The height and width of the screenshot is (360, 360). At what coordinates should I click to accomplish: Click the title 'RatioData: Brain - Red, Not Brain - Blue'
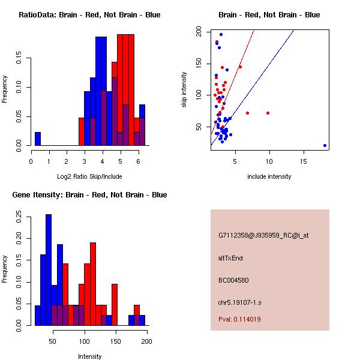click(x=89, y=15)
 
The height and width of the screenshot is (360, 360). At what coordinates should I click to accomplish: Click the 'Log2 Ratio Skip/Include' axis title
click(x=89, y=176)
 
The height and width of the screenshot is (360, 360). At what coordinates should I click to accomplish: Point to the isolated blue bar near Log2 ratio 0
click(x=37, y=139)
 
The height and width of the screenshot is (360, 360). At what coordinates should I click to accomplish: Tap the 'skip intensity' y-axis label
click(x=185, y=90)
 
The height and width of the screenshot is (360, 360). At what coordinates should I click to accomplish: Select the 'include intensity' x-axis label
click(x=269, y=176)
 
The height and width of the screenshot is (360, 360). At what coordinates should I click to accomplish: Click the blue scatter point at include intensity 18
click(x=325, y=145)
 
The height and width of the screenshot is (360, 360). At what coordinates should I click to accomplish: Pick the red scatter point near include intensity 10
click(x=268, y=113)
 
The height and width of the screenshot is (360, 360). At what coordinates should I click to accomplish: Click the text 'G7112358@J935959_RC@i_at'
click(x=263, y=236)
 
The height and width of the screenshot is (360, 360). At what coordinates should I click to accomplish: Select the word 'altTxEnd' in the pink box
click(x=230, y=258)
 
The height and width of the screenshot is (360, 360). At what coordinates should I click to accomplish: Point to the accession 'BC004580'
click(x=234, y=280)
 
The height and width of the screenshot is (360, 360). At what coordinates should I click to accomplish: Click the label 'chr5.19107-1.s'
click(x=239, y=302)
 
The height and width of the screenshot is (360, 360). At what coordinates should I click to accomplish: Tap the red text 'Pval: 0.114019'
click(x=239, y=319)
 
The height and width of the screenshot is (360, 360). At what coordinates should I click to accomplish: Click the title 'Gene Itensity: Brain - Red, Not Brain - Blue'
click(x=89, y=195)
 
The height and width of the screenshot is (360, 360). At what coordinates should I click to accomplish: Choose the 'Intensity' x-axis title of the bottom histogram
click(x=89, y=356)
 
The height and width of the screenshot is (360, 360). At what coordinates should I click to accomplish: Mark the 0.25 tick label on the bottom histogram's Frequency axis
click(x=20, y=215)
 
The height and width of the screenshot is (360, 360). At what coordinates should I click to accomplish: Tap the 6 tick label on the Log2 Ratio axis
click(x=139, y=161)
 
